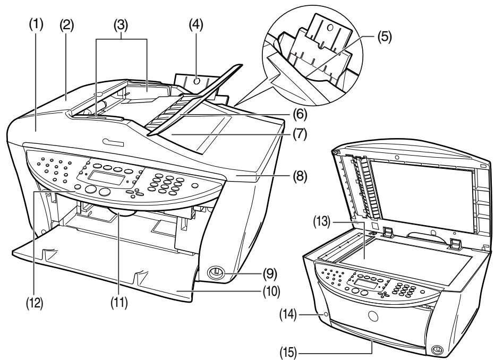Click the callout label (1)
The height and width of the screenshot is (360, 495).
(x=36, y=25)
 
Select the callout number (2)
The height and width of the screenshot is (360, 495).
(x=66, y=25)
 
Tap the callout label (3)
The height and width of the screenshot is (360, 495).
(x=122, y=25)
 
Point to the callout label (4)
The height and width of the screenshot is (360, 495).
(x=196, y=25)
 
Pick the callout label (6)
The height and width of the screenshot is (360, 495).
(x=300, y=114)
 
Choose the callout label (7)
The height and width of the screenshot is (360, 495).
(x=300, y=134)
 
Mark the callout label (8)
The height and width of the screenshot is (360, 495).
(x=300, y=176)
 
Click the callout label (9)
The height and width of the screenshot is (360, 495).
(x=270, y=274)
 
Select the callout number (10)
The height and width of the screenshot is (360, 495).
(x=271, y=292)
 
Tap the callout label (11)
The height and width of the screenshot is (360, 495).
(x=119, y=303)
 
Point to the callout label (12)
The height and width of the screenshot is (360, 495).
(x=35, y=303)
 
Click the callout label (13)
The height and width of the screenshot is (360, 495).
(x=321, y=222)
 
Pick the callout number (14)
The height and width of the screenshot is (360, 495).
(x=288, y=314)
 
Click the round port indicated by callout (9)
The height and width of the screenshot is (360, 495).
(x=216, y=271)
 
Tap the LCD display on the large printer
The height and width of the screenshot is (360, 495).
(x=106, y=178)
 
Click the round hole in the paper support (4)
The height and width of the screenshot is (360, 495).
(x=197, y=81)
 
